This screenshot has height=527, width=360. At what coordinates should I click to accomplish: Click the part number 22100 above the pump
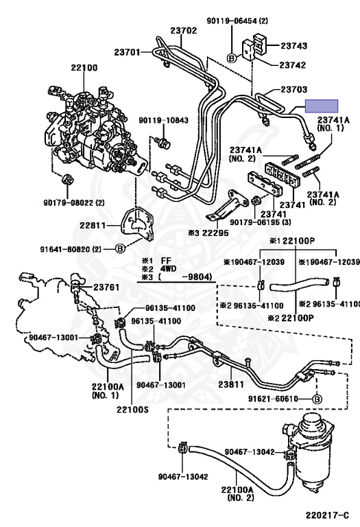84,67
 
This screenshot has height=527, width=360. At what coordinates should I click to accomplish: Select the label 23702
183,31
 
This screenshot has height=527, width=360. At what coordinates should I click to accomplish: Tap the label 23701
128,52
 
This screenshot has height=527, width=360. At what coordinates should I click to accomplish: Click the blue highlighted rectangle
322,106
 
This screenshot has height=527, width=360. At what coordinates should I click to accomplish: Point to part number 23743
294,45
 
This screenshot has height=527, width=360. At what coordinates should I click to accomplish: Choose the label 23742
293,65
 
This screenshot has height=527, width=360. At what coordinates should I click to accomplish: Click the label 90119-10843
164,120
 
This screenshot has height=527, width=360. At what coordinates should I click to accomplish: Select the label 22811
93,225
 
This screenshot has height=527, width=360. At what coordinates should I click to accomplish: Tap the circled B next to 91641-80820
120,248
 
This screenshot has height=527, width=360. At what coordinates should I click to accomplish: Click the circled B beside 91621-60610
317,399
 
